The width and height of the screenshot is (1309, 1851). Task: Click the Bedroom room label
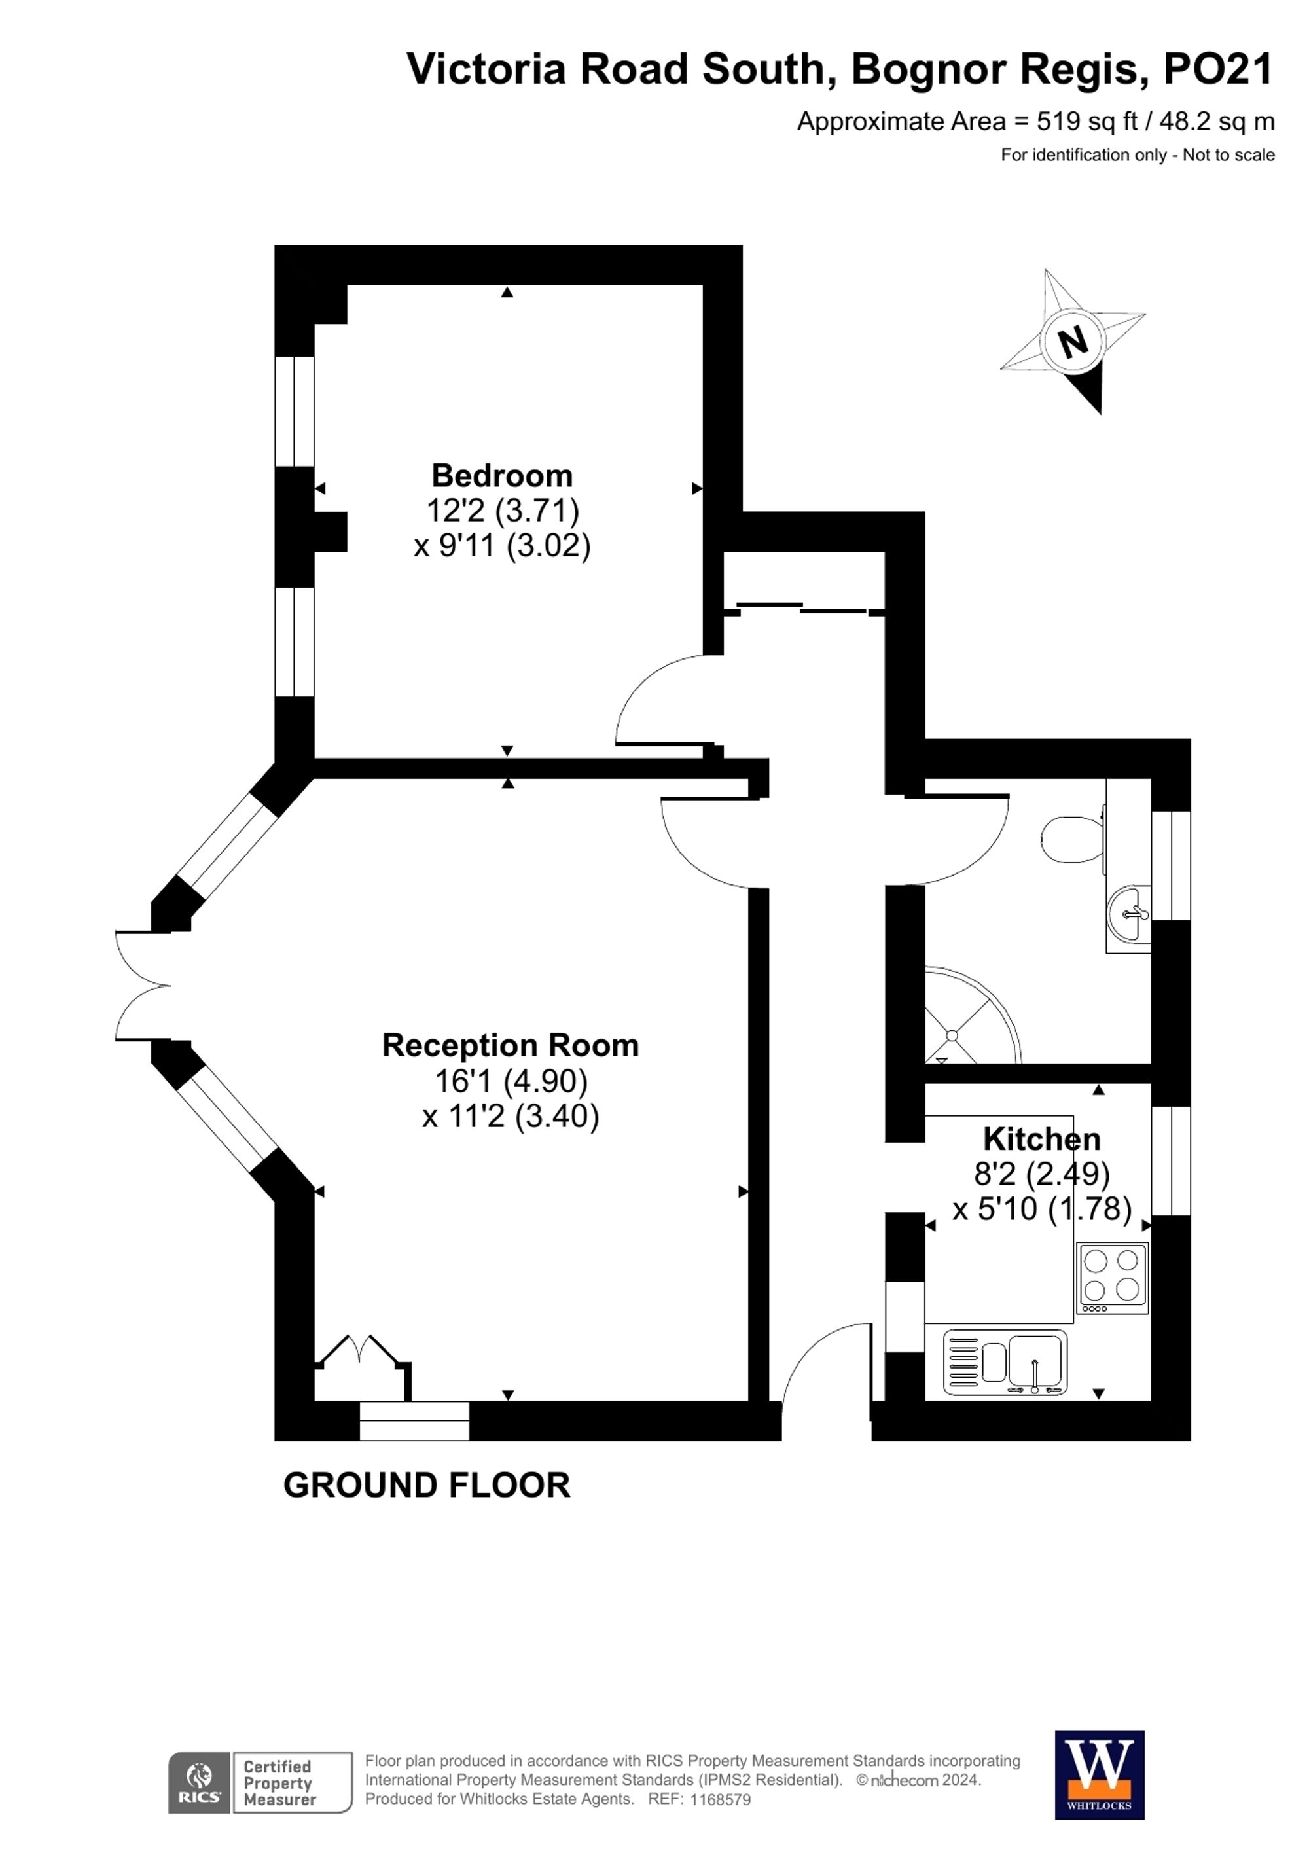501,476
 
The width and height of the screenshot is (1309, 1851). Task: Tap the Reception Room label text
511,1046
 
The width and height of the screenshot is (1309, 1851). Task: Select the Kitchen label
1041,1139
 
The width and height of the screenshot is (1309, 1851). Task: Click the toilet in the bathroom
1071,839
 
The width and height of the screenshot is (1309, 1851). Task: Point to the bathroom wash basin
1130,914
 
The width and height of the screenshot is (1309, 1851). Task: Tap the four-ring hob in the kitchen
1111,1277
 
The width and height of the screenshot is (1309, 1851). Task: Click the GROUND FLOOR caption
426,1486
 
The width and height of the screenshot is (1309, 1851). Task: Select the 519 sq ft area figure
1086,122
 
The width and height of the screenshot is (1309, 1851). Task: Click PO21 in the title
1217,69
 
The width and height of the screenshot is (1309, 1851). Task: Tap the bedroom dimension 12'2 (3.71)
502,511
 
